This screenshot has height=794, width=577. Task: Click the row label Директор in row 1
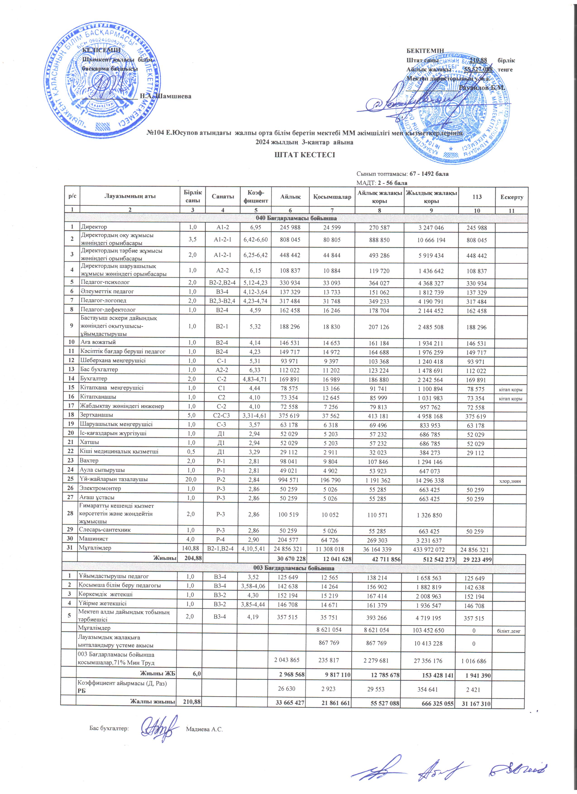pyautogui.click(x=94, y=227)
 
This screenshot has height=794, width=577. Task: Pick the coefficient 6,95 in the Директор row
pyautogui.click(x=255, y=227)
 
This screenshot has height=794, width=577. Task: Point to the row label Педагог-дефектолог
pyautogui.click(x=108, y=309)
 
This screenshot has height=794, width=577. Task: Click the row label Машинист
pyautogui.click(x=93, y=539)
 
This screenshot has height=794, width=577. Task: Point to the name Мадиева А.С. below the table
pyautogui.click(x=204, y=729)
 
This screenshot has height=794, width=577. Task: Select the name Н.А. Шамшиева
pyautogui.click(x=165, y=96)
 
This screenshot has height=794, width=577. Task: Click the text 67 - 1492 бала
pyautogui.click(x=429, y=174)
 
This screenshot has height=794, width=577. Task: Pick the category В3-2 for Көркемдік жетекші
pyautogui.click(x=221, y=594)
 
